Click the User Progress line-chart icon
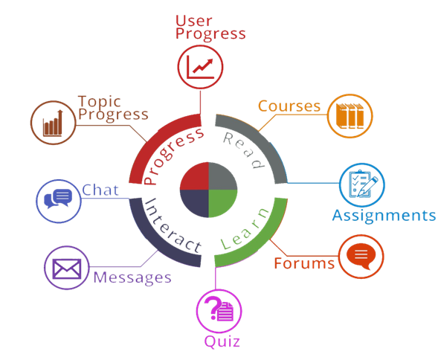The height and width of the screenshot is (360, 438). point(200,67)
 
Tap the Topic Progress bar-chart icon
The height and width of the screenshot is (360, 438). point(53,123)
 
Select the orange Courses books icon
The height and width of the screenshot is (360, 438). point(350,116)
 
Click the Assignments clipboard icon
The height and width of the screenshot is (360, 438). point(362,184)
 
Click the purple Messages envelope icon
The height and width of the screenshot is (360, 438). point(67,269)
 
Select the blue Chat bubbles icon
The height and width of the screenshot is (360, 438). point(58,199)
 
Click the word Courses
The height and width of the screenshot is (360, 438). point(289,106)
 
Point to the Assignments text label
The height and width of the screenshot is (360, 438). point(384,216)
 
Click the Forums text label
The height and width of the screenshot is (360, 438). point(304,263)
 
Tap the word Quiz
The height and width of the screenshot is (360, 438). point(222,341)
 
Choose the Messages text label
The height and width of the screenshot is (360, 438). point(132,278)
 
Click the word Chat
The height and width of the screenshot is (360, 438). point(100,190)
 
